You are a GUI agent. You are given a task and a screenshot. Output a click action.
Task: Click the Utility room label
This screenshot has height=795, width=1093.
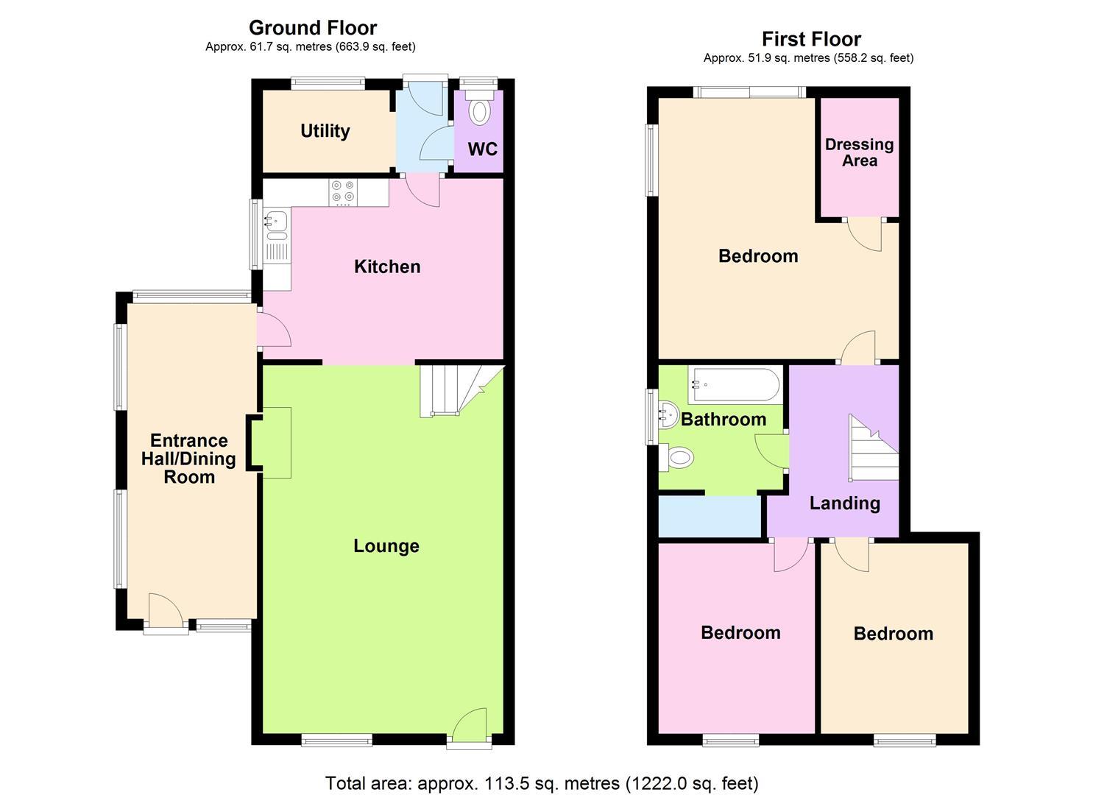(325, 131)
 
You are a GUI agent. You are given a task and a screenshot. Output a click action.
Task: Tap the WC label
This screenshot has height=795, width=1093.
(482, 149)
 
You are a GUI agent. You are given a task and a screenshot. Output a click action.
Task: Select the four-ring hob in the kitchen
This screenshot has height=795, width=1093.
(343, 191)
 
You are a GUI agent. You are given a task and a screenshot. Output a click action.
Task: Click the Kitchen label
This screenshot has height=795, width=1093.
(387, 266)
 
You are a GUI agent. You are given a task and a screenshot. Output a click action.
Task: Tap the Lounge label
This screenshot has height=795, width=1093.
(386, 545)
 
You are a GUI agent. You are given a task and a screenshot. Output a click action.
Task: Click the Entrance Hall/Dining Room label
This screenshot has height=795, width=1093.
(189, 459)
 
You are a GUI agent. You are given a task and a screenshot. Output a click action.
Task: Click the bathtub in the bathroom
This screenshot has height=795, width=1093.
(735, 385)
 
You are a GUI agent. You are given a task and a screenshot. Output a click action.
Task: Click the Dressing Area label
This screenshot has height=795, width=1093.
(859, 152)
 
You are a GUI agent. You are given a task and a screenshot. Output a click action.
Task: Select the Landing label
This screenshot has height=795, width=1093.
(844, 504)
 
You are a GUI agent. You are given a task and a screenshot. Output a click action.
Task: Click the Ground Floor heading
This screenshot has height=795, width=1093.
(312, 28)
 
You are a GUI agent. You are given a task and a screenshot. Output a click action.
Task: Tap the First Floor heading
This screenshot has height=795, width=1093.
(811, 39)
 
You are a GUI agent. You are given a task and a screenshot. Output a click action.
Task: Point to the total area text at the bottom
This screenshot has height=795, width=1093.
(542, 783)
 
